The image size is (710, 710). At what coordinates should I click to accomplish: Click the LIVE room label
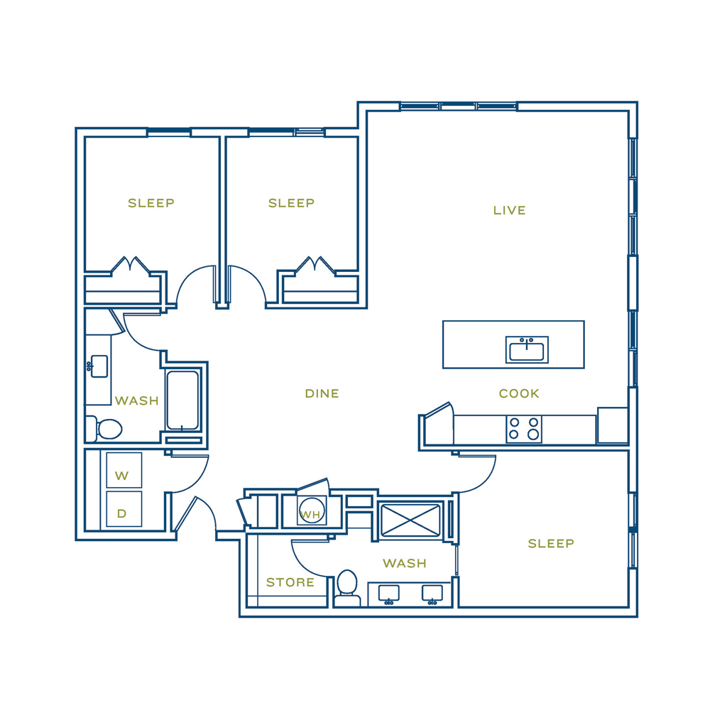click(x=509, y=211)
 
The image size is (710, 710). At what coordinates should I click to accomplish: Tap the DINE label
click(x=322, y=393)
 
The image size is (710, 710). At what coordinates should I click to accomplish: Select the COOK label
click(x=519, y=393)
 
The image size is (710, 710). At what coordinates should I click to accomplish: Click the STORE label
click(x=290, y=582)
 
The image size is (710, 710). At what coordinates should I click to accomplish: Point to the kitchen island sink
click(x=527, y=349)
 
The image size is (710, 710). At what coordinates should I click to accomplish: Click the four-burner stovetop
click(x=524, y=429)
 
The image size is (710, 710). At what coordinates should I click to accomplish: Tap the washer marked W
click(x=124, y=470)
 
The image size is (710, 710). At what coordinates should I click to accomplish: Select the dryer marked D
click(x=124, y=509)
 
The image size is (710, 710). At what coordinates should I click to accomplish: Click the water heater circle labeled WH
click(x=312, y=510)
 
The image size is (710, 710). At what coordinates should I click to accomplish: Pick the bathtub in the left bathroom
click(x=182, y=400)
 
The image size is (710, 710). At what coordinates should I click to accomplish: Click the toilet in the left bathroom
click(x=104, y=429)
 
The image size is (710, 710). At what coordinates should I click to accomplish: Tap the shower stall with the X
click(x=410, y=520)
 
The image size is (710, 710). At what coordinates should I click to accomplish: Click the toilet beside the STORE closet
click(x=347, y=588)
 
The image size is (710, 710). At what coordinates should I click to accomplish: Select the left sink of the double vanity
click(x=389, y=594)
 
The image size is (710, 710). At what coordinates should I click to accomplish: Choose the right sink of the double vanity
click(x=432, y=594)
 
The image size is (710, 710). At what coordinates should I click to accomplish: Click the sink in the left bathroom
click(x=98, y=366)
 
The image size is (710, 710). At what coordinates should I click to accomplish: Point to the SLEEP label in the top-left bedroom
click(x=151, y=203)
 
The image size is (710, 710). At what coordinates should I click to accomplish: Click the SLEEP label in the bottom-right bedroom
click(x=551, y=543)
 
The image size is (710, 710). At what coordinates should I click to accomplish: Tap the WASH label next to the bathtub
click(x=137, y=400)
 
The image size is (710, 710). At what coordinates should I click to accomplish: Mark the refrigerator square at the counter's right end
click(x=613, y=425)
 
